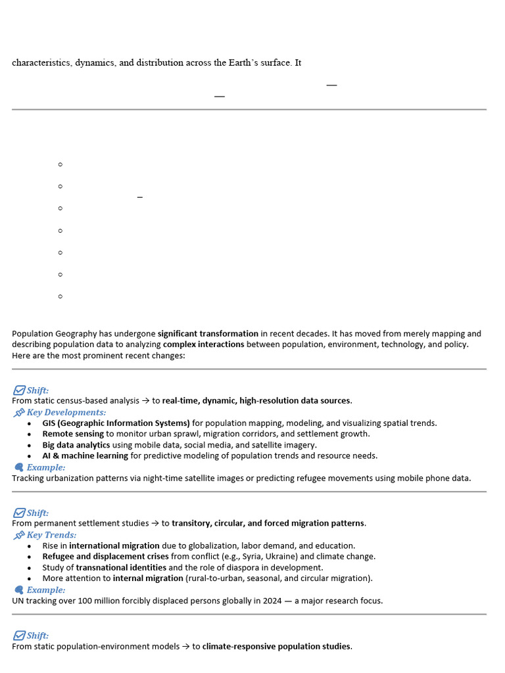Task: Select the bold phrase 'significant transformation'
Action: coord(208,334)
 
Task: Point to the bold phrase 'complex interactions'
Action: coord(203,344)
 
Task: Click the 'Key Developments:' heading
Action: coord(66,412)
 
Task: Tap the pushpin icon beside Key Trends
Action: coord(19,535)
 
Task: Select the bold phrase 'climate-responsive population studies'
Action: coord(276,647)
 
